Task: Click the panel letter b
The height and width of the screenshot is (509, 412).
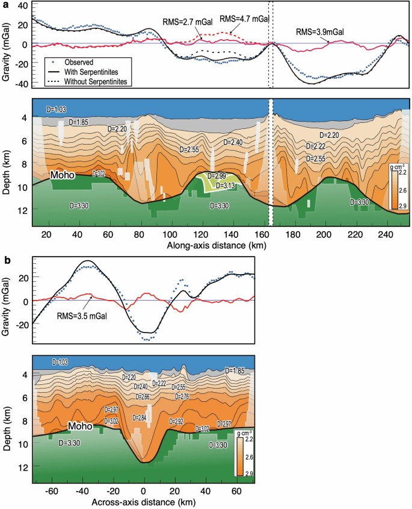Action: (6, 260)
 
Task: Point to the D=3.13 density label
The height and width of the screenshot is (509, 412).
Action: (227, 185)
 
